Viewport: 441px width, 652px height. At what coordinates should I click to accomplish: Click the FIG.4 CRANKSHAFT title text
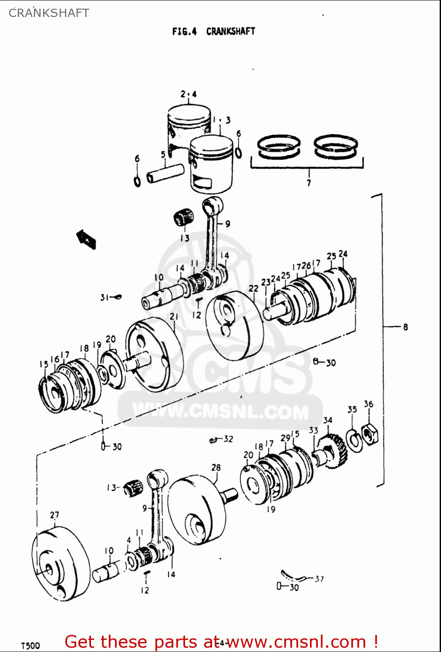click(213, 31)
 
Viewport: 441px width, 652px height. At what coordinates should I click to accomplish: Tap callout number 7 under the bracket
click(309, 183)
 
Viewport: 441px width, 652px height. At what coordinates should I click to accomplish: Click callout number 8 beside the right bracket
click(405, 326)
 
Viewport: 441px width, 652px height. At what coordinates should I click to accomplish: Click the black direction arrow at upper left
click(86, 239)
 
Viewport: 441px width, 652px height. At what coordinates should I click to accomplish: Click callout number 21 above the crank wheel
click(174, 316)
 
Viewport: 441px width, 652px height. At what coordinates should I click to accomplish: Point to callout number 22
click(253, 288)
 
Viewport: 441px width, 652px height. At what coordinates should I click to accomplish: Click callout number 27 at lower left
click(54, 515)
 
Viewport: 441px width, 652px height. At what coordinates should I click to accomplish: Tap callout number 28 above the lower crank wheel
click(216, 468)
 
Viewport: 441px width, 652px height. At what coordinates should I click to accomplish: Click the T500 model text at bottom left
click(30, 645)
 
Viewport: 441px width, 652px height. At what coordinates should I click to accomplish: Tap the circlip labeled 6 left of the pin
click(137, 181)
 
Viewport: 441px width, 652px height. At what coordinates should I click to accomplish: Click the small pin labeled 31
click(116, 297)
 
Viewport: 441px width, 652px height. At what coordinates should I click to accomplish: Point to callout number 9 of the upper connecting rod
click(227, 224)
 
